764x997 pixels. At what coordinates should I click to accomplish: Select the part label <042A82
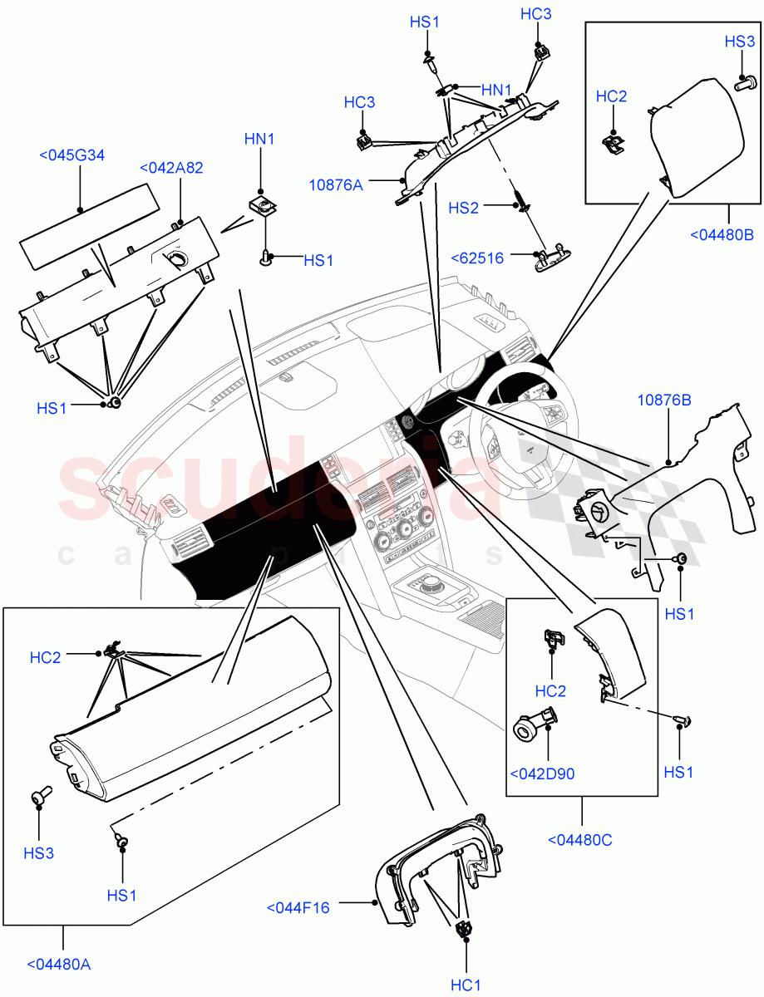click(x=171, y=168)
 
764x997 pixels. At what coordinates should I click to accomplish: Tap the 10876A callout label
click(x=336, y=185)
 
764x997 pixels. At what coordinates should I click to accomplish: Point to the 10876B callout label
click(x=664, y=400)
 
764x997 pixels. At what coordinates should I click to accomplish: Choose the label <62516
click(x=477, y=258)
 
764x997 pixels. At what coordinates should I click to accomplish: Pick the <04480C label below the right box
click(x=580, y=840)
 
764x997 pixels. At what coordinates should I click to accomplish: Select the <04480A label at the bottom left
click(x=59, y=965)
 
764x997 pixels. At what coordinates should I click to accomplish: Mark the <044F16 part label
click(x=298, y=908)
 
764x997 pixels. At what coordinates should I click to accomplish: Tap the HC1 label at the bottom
click(x=466, y=985)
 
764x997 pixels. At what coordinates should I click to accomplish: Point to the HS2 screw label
click(x=463, y=208)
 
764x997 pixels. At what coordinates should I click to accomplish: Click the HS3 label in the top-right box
click(x=739, y=42)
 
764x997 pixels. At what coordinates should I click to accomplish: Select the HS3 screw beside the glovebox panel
click(x=39, y=798)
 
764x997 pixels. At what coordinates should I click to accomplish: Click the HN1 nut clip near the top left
click(x=263, y=204)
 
